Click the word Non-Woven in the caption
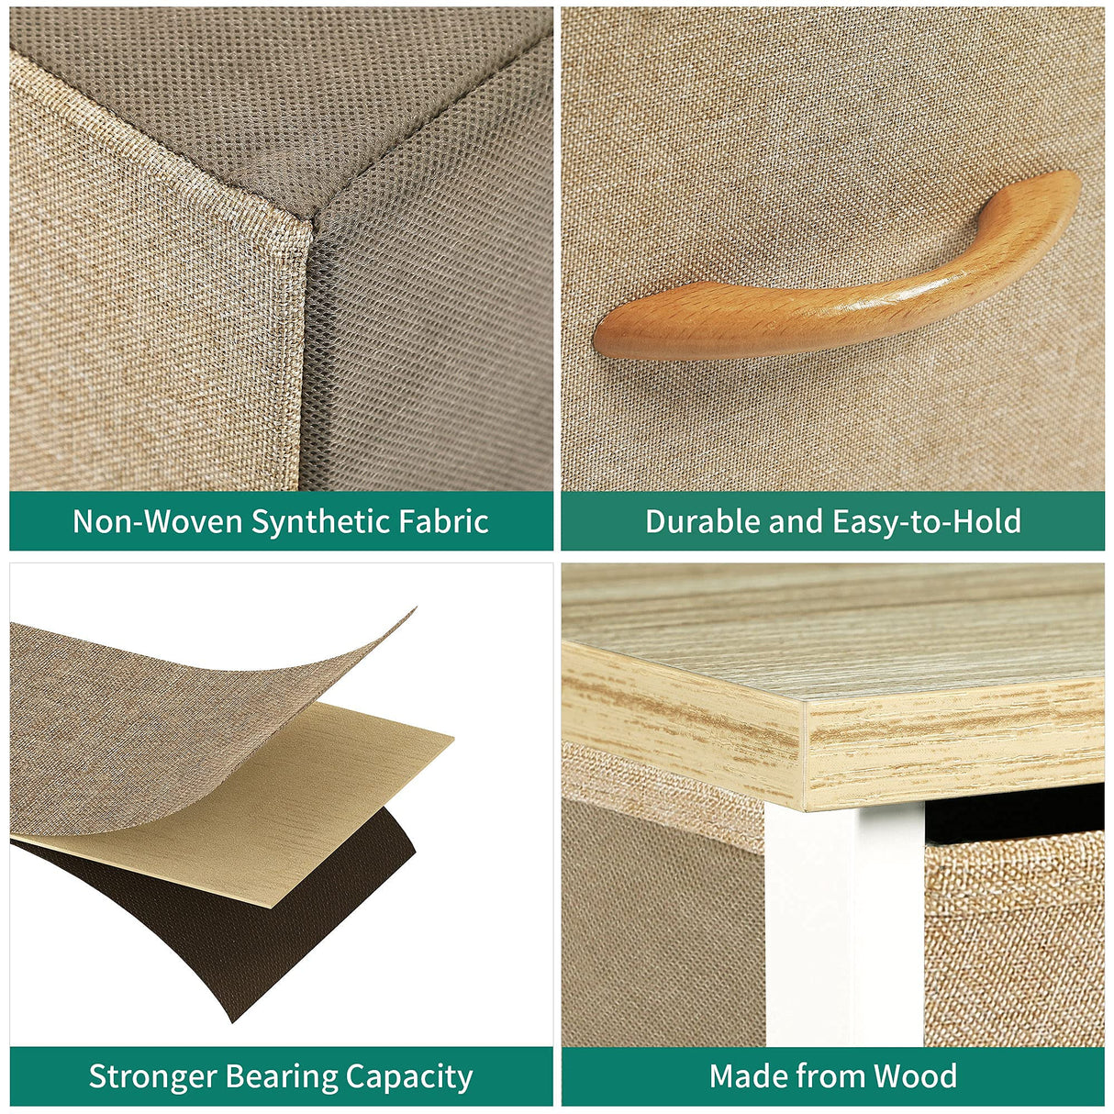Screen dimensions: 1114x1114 (157, 521)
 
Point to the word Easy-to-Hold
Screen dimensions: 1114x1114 (927, 522)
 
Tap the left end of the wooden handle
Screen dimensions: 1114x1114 (596, 339)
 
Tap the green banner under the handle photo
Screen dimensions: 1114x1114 (833, 521)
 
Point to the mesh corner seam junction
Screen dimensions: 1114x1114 (313, 221)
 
